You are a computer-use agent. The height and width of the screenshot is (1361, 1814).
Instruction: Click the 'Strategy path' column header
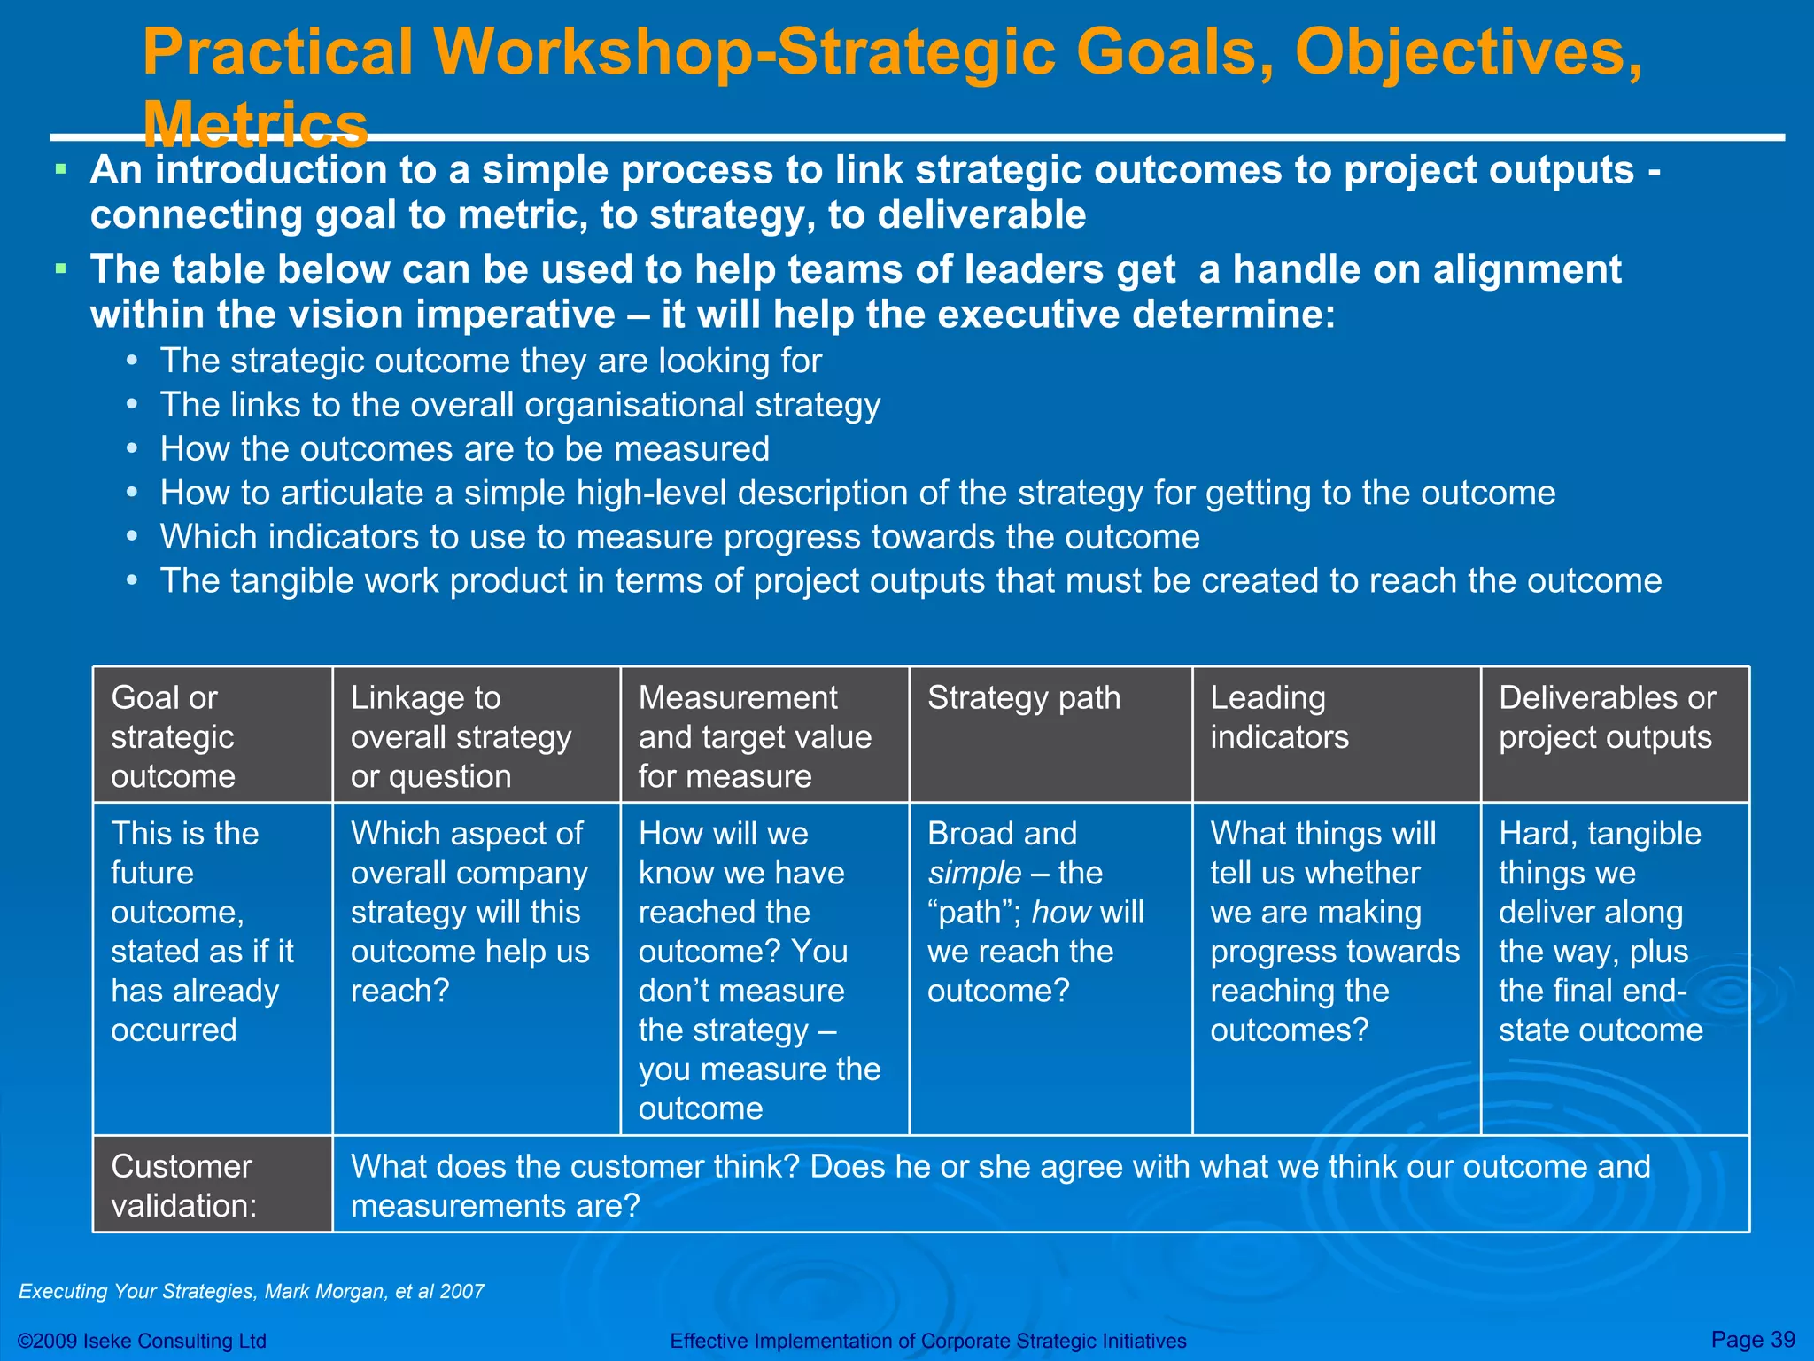pos(1024,699)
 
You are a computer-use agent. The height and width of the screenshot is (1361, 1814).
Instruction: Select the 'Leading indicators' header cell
pos(1279,718)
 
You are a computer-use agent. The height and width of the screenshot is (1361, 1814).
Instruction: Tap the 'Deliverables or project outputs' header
pos(1606,718)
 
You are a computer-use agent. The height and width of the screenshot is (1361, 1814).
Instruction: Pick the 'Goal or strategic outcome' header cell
pos(173,736)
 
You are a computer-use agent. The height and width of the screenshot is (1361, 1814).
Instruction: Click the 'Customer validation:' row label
pos(183,1186)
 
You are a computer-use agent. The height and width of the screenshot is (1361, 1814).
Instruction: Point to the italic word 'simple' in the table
pos(974,874)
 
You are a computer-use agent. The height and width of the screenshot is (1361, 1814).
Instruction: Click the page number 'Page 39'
pos(1752,1339)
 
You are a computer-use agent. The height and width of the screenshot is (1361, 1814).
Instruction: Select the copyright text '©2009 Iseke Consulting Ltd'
pos(143,1341)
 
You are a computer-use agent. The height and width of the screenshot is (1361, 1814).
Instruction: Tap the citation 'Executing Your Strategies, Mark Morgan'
pos(252,1291)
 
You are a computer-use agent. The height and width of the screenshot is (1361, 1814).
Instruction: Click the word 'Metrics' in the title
pos(255,124)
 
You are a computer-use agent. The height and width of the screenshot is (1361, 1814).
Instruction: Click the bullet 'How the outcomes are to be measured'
pos(464,449)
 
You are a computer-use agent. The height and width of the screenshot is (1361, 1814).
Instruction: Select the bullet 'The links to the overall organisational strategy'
pos(520,405)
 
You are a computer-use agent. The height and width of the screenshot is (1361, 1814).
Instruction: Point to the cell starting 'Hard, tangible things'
pos(1601,931)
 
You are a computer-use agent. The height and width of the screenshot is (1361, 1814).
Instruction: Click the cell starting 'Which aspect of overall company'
pos(469,912)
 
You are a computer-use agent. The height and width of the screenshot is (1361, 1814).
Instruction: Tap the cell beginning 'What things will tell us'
pos(1334,931)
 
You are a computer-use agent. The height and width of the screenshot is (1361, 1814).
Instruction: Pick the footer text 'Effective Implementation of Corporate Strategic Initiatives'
pos(927,1341)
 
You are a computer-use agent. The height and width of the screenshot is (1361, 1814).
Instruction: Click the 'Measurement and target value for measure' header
pos(755,736)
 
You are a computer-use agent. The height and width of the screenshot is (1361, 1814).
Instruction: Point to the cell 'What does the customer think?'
pos(1000,1186)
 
